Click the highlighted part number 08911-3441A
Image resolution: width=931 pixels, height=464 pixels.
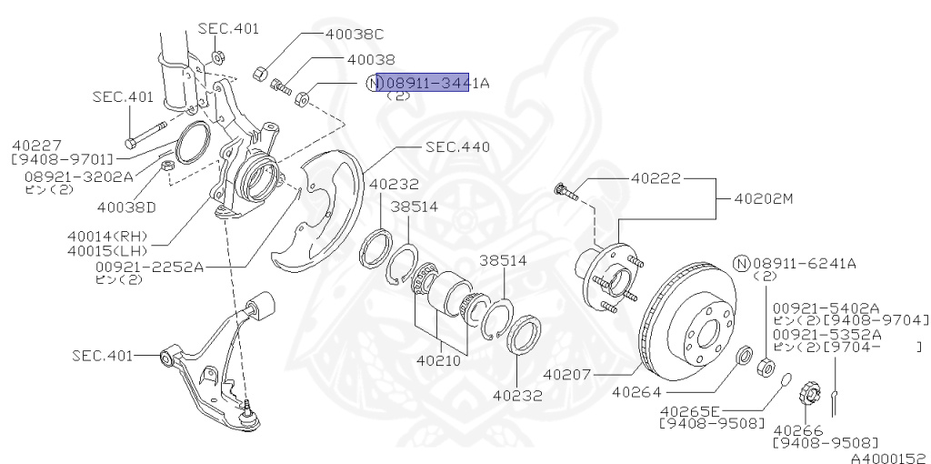[x=423, y=83]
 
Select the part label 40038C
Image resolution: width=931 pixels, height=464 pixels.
[x=355, y=34]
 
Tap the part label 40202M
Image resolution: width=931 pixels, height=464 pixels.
[x=766, y=197]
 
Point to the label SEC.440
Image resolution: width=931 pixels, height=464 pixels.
[x=457, y=146]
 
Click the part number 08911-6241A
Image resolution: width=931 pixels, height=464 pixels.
[x=805, y=264]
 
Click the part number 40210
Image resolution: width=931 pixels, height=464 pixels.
[x=440, y=361]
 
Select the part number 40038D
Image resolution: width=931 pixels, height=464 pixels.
[x=126, y=207]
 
